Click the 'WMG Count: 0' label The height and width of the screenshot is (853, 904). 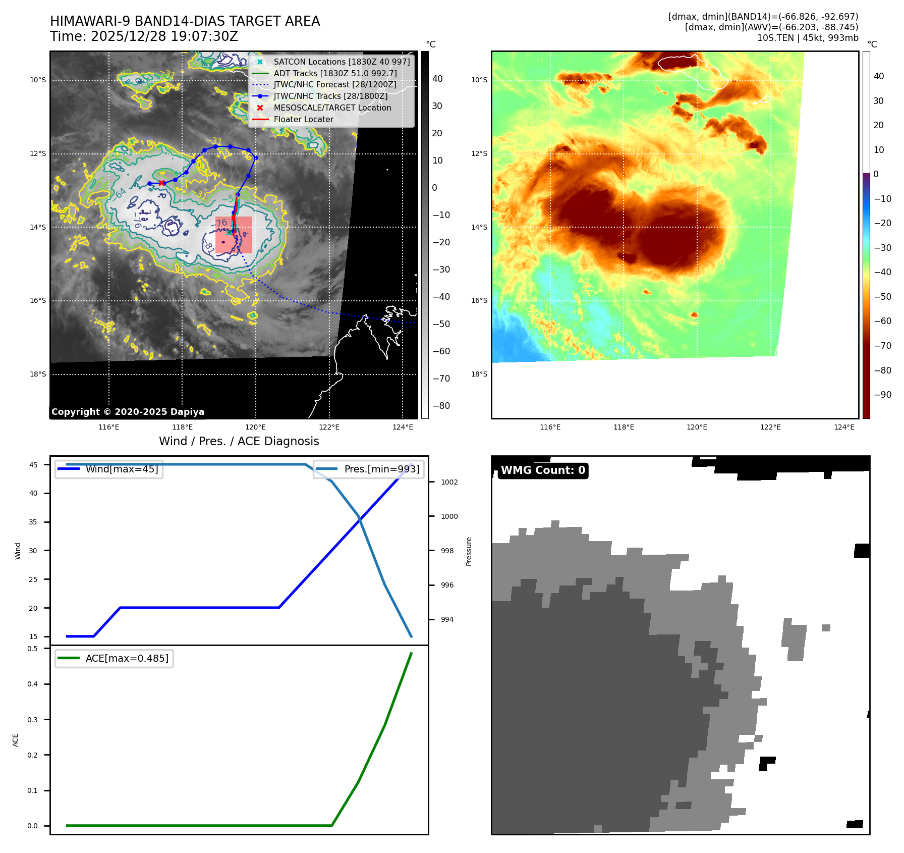(x=543, y=470)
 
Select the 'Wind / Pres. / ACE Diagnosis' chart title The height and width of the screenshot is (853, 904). (x=239, y=441)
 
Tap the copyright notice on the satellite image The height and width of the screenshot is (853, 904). (x=128, y=412)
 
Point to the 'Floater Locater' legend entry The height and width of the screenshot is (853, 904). (x=303, y=119)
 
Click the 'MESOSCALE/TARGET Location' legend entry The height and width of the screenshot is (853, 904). (x=332, y=108)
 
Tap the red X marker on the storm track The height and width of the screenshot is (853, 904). (x=161, y=183)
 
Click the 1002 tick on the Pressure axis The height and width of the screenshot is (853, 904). (x=449, y=482)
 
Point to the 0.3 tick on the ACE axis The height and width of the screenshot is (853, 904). (x=33, y=720)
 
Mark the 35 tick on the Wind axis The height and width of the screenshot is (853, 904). (x=33, y=522)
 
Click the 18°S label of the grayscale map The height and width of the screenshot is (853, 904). (x=38, y=374)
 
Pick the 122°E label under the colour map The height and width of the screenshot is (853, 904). (x=770, y=427)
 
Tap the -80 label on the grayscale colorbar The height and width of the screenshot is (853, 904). (x=441, y=406)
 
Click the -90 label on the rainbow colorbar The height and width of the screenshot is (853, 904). (x=882, y=395)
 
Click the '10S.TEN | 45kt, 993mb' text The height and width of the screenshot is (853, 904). (x=807, y=38)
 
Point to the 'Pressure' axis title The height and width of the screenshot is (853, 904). (x=469, y=551)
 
